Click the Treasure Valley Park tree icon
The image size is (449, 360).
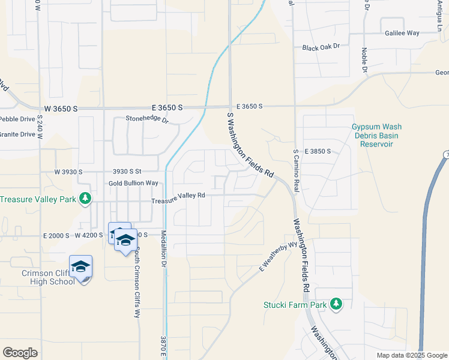tap(85, 198)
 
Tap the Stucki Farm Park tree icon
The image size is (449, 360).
tap(336, 304)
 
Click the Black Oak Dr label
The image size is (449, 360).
tap(321, 47)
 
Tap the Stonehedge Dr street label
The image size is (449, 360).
tap(147, 119)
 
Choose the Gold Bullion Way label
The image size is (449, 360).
tap(133, 183)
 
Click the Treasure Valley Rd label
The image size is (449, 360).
tap(178, 197)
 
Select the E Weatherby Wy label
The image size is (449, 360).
tap(279, 256)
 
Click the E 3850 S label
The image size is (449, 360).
tap(318, 151)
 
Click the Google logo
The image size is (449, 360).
tap(20, 352)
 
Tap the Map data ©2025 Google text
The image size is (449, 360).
tap(411, 355)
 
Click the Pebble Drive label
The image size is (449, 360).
tap(17, 119)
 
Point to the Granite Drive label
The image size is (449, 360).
tap(17, 134)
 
